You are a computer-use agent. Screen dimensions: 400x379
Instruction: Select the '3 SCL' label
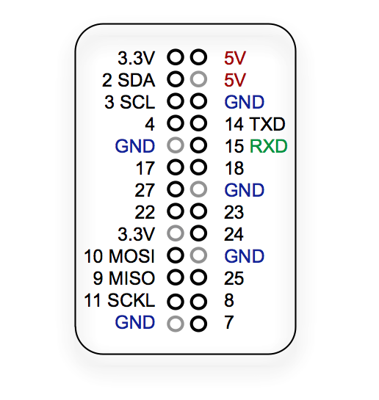tap(130, 102)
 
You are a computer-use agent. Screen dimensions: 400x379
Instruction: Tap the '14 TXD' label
tap(255, 123)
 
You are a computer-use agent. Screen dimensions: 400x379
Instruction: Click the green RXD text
tap(268, 146)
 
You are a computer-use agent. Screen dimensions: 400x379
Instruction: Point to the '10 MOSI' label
tap(119, 256)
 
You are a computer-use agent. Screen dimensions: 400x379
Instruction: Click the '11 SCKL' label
tap(120, 300)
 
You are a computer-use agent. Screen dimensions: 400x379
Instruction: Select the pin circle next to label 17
tap(176, 168)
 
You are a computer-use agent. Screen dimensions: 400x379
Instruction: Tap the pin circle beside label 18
tap(198, 168)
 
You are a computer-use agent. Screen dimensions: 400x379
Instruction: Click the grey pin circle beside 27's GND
tap(198, 190)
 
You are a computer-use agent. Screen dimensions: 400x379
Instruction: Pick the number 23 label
tap(234, 212)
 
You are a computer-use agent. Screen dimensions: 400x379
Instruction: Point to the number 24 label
tap(234, 234)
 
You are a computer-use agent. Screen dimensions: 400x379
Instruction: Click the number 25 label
tap(234, 278)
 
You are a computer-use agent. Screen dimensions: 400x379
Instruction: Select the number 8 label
tap(230, 300)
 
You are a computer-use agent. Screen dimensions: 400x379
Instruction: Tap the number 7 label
tap(230, 322)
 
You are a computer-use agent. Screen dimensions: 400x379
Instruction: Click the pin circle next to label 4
tap(176, 123)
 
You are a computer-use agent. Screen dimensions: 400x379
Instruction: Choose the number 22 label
tap(145, 212)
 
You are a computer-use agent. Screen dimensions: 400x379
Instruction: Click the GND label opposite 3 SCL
tap(245, 102)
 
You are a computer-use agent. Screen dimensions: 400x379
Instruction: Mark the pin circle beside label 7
tap(198, 323)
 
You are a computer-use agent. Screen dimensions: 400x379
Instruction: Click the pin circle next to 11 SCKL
tap(176, 301)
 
